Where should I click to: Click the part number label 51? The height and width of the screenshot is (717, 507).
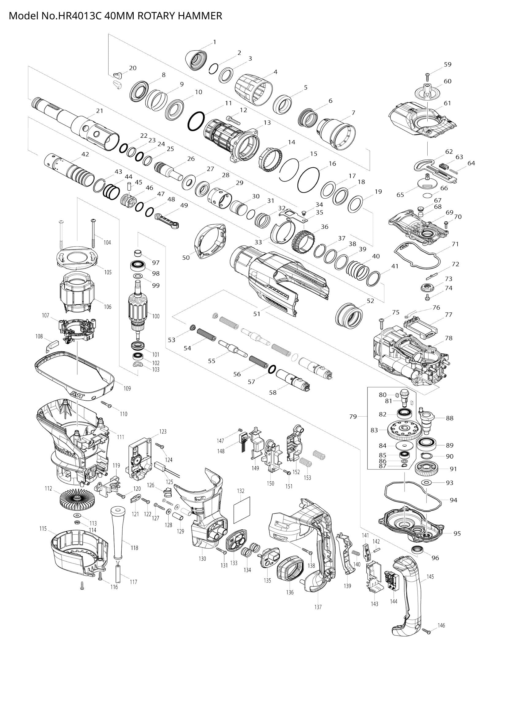pos(257,314)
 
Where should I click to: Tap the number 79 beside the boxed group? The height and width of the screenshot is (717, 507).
pos(353,416)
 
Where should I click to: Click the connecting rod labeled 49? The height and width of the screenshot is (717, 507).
pos(168,219)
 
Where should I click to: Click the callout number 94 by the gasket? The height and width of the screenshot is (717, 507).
pos(453,500)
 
